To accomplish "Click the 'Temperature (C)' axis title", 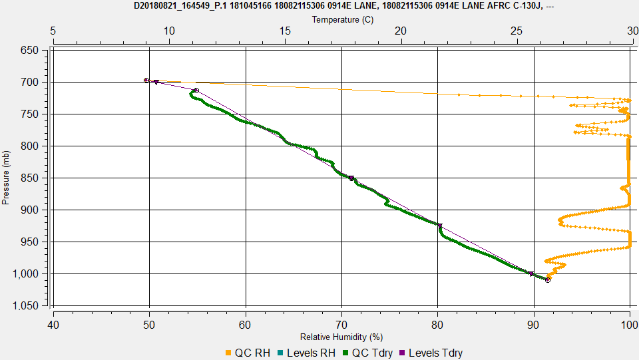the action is pyautogui.click(x=342, y=19).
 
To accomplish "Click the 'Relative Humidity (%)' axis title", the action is pyautogui.click(x=341, y=337).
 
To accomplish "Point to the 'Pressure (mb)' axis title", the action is pyautogui.click(x=5, y=178).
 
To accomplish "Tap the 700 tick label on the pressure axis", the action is pyautogui.click(x=29, y=83).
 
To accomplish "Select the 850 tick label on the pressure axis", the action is pyautogui.click(x=29, y=178).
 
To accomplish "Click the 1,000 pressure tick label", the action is pyautogui.click(x=25, y=273).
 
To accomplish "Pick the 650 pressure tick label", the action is pyautogui.click(x=29, y=50).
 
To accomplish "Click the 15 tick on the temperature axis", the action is pyautogui.click(x=285, y=31).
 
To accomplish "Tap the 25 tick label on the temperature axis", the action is pyautogui.click(x=517, y=31).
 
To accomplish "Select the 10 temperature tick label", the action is pyautogui.click(x=169, y=31).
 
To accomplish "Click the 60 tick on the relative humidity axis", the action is pyautogui.click(x=246, y=325).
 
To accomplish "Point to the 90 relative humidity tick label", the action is pyautogui.click(x=533, y=325).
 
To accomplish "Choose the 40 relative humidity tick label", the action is pyautogui.click(x=53, y=325).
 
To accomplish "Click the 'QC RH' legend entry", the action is pyautogui.click(x=248, y=353).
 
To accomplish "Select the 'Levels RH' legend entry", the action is pyautogui.click(x=306, y=353).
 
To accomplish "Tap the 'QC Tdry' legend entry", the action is pyautogui.click(x=367, y=353).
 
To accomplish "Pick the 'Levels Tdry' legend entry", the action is pyautogui.click(x=431, y=353).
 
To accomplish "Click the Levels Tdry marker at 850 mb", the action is pyautogui.click(x=351, y=178).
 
